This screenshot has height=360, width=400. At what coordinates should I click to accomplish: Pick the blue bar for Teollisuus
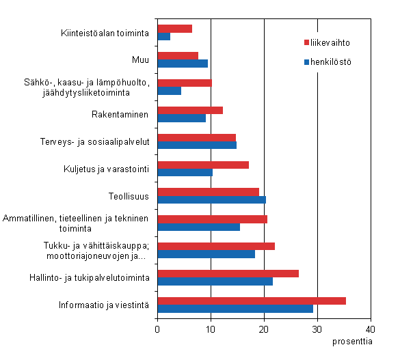pyautogui.click(x=211, y=200)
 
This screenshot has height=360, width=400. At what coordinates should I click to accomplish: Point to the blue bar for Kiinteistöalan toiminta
pyautogui.click(x=164, y=36)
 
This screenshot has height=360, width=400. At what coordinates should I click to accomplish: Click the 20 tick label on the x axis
pyautogui.click(x=264, y=328)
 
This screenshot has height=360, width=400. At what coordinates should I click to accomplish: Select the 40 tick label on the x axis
pyautogui.click(x=371, y=328)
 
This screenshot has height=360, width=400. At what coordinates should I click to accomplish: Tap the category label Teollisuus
pyautogui.click(x=129, y=196)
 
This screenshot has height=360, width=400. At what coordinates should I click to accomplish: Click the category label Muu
pyautogui.click(x=140, y=59)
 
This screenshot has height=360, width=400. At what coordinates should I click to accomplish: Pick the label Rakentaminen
pyautogui.click(x=120, y=114)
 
